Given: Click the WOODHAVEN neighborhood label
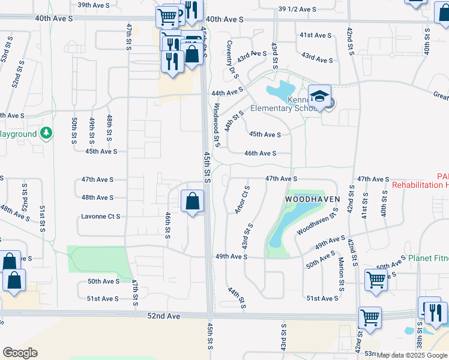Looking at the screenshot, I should [312, 199].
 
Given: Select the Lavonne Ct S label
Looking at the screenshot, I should [101, 216].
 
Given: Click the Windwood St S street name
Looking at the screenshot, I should [216, 125].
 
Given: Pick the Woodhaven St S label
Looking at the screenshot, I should [318, 223].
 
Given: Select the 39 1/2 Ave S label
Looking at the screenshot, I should [297, 9].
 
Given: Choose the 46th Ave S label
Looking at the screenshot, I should [260, 154].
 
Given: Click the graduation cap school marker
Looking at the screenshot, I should [320, 97].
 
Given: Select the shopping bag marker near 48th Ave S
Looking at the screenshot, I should [192, 202].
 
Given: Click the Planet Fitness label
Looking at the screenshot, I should [429, 258].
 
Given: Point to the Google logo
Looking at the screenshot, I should [20, 353].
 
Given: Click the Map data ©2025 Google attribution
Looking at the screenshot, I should [412, 355].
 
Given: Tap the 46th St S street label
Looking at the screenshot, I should [167, 222].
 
